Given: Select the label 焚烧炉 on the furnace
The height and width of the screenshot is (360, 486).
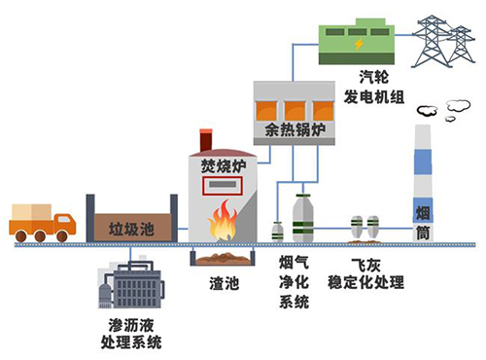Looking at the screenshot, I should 221,164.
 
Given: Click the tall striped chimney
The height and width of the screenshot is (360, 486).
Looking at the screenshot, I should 424,185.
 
